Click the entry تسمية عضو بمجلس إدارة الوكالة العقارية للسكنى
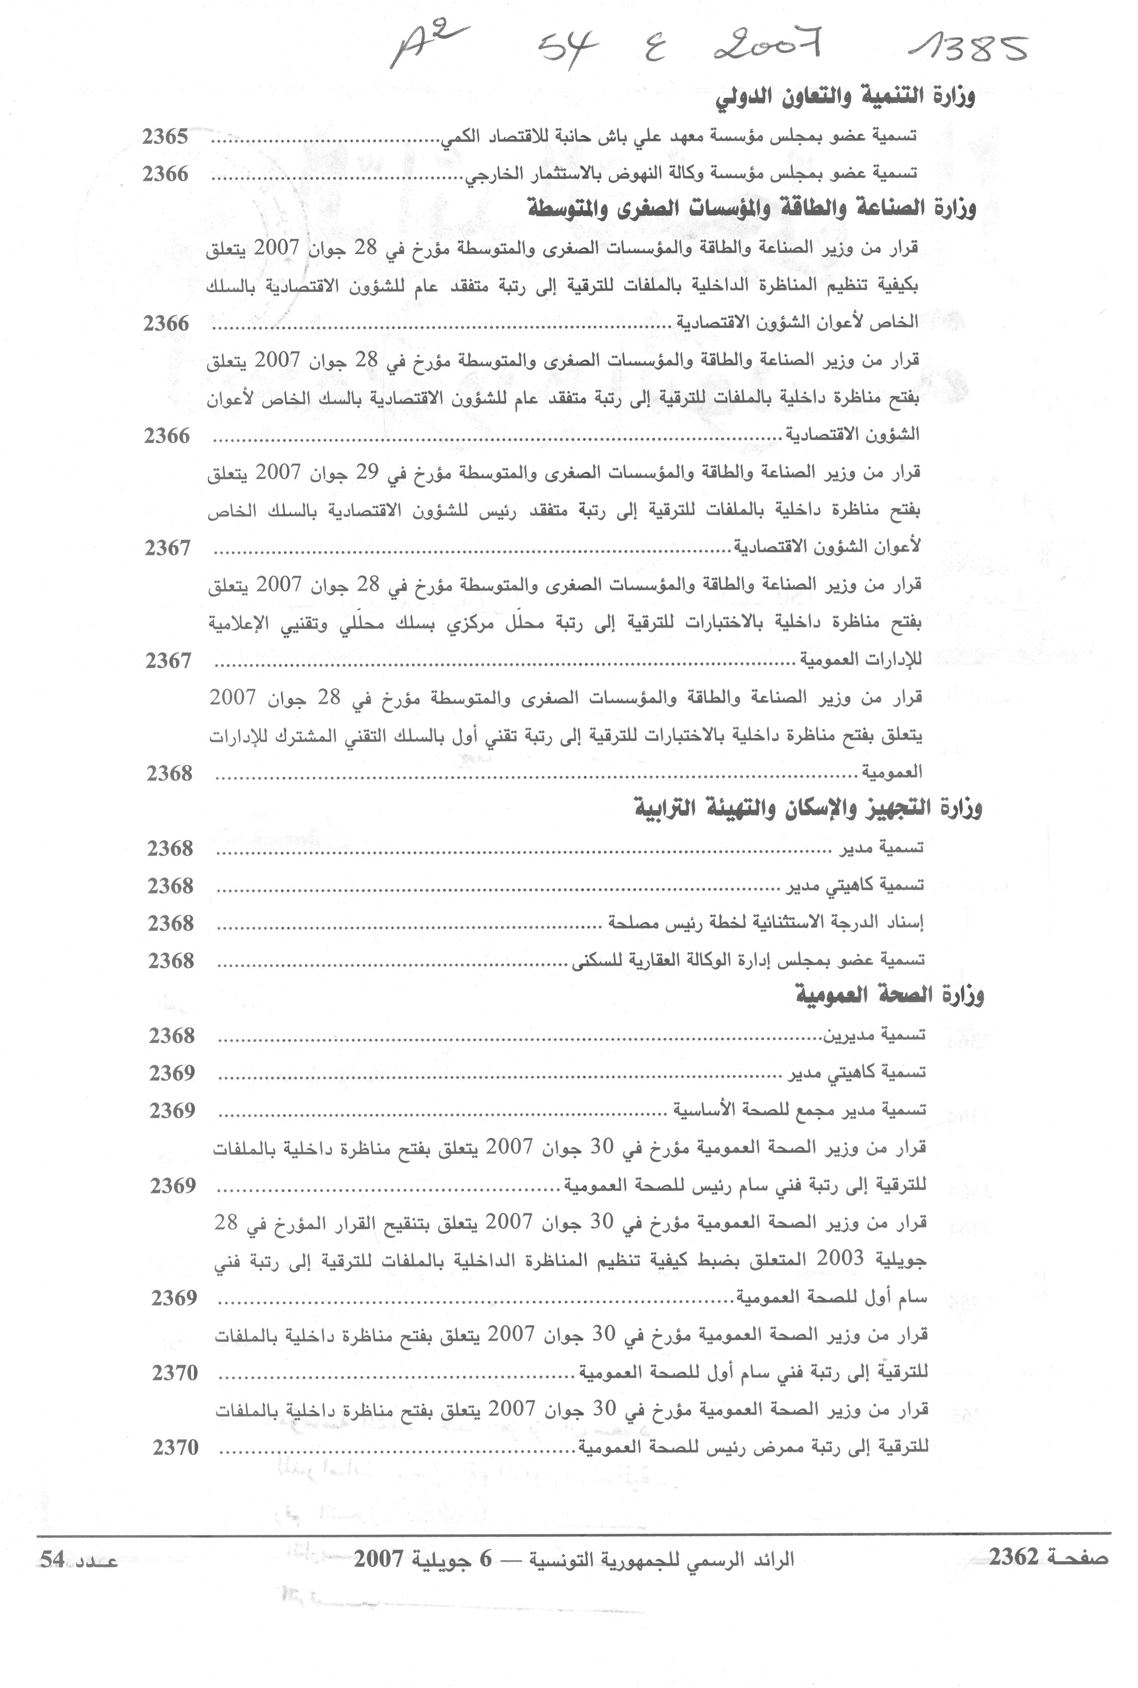pyautogui.click(x=748, y=961)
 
